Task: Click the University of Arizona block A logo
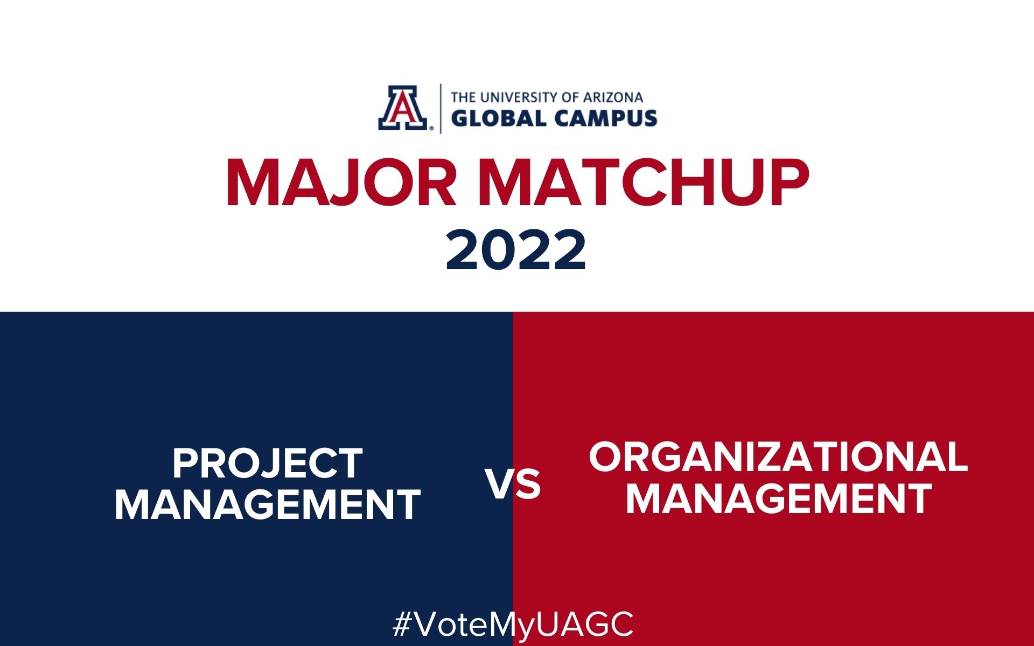point(404,108)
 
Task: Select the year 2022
point(516,250)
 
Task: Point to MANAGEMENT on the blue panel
point(268,504)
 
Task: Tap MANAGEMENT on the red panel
point(778,498)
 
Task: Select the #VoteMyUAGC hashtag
point(513,625)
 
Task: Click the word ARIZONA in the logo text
point(613,97)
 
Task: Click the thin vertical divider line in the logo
point(441,108)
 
